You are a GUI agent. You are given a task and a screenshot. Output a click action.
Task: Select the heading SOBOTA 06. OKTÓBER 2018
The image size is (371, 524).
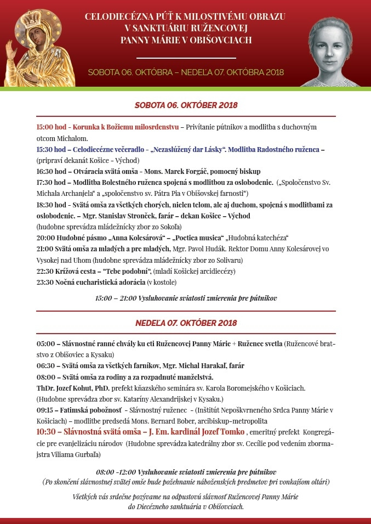tap(186, 105)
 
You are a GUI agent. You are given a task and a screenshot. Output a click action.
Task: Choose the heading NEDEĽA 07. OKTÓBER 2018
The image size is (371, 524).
tap(186, 323)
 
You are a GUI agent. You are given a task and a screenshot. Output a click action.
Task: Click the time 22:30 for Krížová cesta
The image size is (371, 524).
tap(44, 271)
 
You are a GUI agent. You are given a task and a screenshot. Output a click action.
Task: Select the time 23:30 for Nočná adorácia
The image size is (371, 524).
tap(44, 282)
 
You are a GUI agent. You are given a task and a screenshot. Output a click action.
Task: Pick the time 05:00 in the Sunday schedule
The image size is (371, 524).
tap(45, 343)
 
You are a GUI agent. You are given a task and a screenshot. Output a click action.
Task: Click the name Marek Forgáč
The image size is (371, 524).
tap(210, 171)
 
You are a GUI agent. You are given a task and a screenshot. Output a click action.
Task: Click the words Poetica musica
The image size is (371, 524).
tap(197, 238)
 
